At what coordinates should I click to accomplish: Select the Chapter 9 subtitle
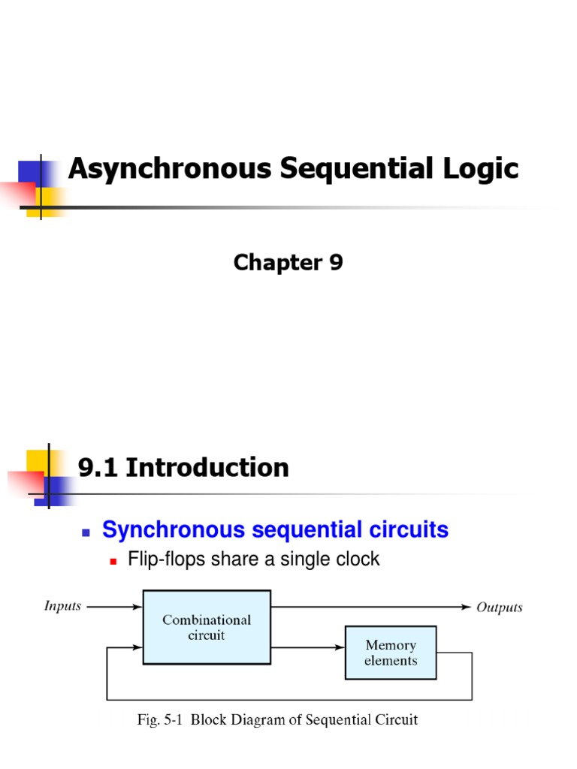pyautogui.click(x=288, y=262)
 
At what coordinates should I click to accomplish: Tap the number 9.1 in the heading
pyautogui.click(x=98, y=468)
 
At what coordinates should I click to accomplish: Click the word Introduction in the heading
pyautogui.click(x=207, y=468)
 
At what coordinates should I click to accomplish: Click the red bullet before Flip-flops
pyautogui.click(x=114, y=561)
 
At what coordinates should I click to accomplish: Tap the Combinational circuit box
pyautogui.click(x=207, y=627)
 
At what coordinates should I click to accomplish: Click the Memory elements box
pyautogui.click(x=390, y=652)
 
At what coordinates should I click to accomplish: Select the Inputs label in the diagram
pyautogui.click(x=62, y=605)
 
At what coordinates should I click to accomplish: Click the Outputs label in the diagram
pyautogui.click(x=500, y=607)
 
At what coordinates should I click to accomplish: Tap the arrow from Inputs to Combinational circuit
pyautogui.click(x=113, y=606)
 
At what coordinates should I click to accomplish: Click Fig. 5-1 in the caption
pyautogui.click(x=159, y=720)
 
